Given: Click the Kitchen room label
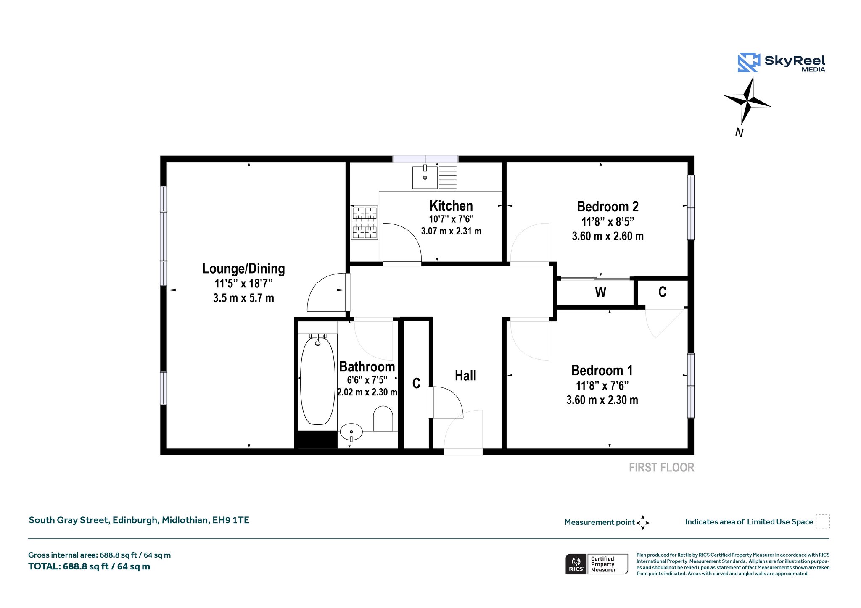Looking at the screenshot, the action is (x=451, y=206).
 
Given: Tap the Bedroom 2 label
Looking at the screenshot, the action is (x=607, y=207).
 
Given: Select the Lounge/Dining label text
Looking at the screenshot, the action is (x=243, y=268).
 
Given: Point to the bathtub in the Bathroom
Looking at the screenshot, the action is (x=318, y=381).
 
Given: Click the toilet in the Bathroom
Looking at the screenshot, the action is (x=383, y=418).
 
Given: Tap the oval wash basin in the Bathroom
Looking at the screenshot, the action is (x=351, y=432).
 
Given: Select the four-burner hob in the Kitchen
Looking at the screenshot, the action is (x=364, y=223).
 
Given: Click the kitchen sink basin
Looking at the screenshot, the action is (x=425, y=177).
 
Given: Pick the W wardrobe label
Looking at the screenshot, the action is (x=600, y=292).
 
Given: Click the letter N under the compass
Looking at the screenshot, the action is (x=739, y=133).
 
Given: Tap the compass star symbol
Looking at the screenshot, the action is (x=747, y=100).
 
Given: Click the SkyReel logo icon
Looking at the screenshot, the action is (x=749, y=62).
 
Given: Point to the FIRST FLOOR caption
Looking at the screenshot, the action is (x=661, y=468).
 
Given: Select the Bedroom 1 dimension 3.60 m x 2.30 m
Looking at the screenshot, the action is (x=602, y=400).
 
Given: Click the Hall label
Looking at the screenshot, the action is (x=465, y=376).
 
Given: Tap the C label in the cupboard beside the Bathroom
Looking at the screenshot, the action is (x=416, y=383).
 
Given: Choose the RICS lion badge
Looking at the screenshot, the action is (x=576, y=564).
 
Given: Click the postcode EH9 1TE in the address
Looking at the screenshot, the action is (x=231, y=520).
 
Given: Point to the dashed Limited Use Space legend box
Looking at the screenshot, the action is (x=823, y=521).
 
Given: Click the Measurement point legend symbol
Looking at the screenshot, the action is (x=643, y=523).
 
